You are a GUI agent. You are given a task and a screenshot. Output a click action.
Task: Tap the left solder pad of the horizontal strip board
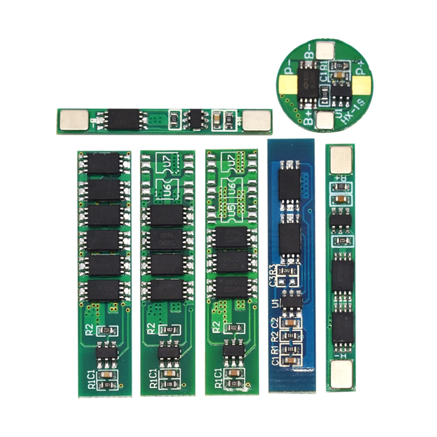point(73,120)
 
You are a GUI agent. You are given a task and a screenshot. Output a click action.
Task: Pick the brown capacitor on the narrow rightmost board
point(340,200)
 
